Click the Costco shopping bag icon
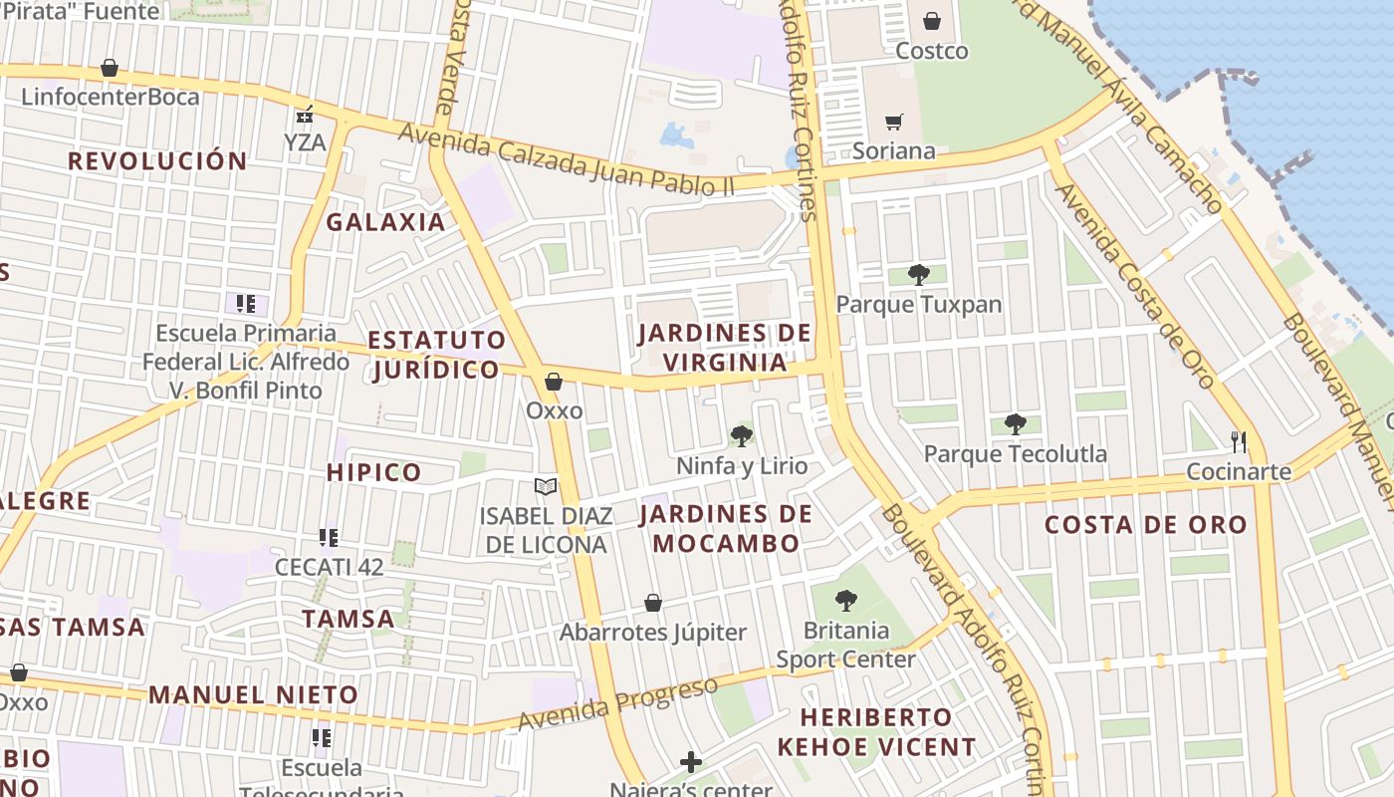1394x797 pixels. tap(931, 21)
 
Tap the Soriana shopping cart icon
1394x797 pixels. tap(894, 122)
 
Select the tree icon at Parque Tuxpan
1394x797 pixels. tap(918, 274)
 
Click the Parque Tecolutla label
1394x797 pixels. tap(1015, 454)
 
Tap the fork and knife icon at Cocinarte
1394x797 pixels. tap(1239, 441)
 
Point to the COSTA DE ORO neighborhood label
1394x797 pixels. tap(1145, 525)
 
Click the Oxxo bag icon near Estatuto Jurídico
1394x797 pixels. tap(554, 382)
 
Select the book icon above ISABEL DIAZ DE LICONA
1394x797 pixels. tap(545, 486)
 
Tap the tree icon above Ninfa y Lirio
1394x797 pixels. tap(741, 435)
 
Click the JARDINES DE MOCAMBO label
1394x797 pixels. tap(725, 529)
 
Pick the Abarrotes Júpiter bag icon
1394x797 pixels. tap(653, 603)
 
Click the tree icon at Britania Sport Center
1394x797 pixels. tap(845, 600)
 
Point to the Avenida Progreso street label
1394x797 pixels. tap(617, 704)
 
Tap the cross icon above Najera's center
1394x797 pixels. tap(691, 762)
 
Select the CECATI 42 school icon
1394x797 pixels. tap(329, 538)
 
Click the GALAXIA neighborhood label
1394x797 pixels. tap(385, 222)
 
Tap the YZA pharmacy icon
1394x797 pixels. tap(305, 115)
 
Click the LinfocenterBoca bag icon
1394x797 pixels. tap(110, 69)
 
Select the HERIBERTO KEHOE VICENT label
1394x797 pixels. tap(876, 731)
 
